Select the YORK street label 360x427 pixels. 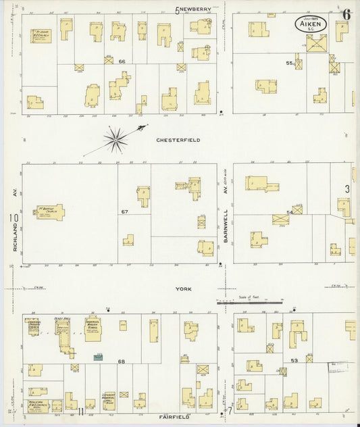pos(184,289)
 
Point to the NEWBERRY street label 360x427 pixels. pos(196,9)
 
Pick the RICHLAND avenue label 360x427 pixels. pos(14,240)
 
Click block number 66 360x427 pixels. pos(122,61)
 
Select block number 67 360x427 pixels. pos(124,211)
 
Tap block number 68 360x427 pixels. pos(122,361)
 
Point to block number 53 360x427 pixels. pos(294,361)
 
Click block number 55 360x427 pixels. pos(290,63)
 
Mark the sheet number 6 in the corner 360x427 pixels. pos(346,14)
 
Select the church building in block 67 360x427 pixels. pos(51,212)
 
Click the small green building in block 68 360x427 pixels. pos(99,355)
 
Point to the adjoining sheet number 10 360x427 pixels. pos(13,218)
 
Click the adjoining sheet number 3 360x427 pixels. pos(348,189)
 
